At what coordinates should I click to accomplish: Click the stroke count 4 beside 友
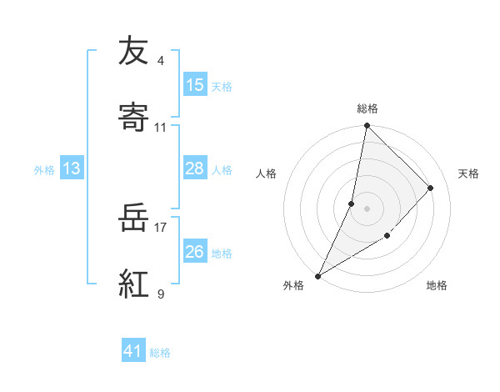tap(161, 61)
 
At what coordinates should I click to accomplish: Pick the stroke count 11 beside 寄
tap(161, 128)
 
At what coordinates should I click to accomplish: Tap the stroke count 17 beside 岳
tap(161, 226)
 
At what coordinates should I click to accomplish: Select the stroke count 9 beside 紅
tap(161, 293)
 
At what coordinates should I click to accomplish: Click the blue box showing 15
tap(195, 84)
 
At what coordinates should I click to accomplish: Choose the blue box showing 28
tap(195, 168)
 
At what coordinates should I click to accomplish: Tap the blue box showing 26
tap(195, 251)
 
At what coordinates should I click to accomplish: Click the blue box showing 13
tap(72, 169)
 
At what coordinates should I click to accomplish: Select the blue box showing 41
tap(133, 351)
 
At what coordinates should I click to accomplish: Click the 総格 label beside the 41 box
tap(160, 353)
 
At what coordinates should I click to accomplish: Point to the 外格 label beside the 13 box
tap(44, 170)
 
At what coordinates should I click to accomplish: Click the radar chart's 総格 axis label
tap(367, 108)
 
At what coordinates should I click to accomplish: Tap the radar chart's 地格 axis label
tap(437, 285)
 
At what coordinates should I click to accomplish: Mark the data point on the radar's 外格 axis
tap(318, 275)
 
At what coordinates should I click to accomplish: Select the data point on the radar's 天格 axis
tap(431, 188)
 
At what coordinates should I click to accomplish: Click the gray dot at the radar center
tap(367, 209)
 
